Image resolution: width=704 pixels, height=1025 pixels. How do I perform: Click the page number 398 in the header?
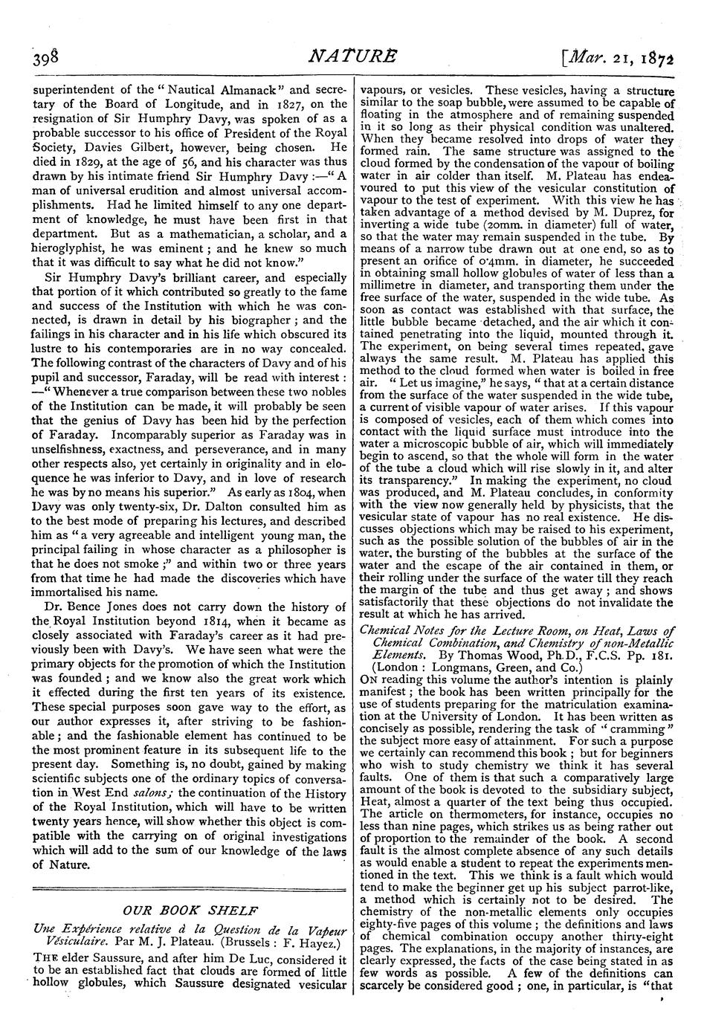38,58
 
